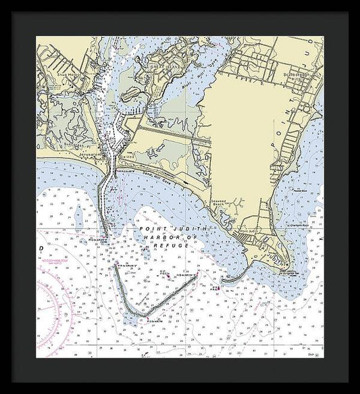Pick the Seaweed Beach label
[236, 207]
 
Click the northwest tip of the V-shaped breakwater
[115, 266]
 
